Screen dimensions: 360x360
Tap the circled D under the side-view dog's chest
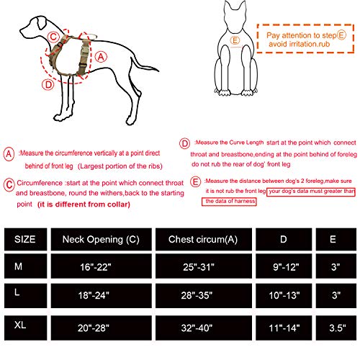pos(48,84)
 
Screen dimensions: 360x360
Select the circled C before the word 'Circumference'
pos(8,183)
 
